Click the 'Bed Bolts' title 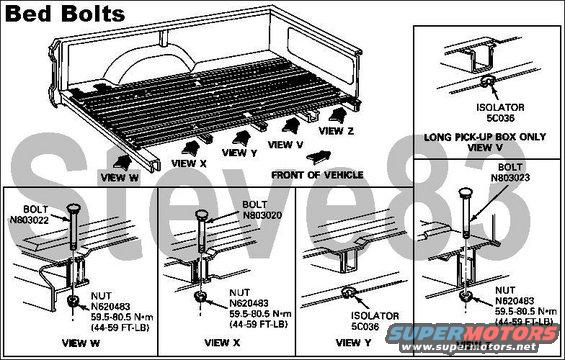click(x=65, y=14)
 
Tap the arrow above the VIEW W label click(x=121, y=163)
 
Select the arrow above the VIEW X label click(x=191, y=148)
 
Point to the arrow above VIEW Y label click(x=242, y=138)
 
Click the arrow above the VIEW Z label click(x=338, y=115)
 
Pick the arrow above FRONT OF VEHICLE click(x=319, y=157)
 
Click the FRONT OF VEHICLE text click(x=317, y=175)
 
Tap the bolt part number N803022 click(x=29, y=220)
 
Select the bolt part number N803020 click(x=262, y=215)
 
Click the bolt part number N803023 click(x=510, y=178)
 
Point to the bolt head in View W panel click(x=74, y=208)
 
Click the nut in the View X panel click(x=200, y=297)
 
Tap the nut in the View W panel click(x=74, y=301)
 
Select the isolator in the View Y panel click(x=348, y=292)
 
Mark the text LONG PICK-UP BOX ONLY click(x=485, y=137)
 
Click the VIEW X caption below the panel click(x=222, y=343)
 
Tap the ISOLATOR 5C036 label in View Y click(x=375, y=321)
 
